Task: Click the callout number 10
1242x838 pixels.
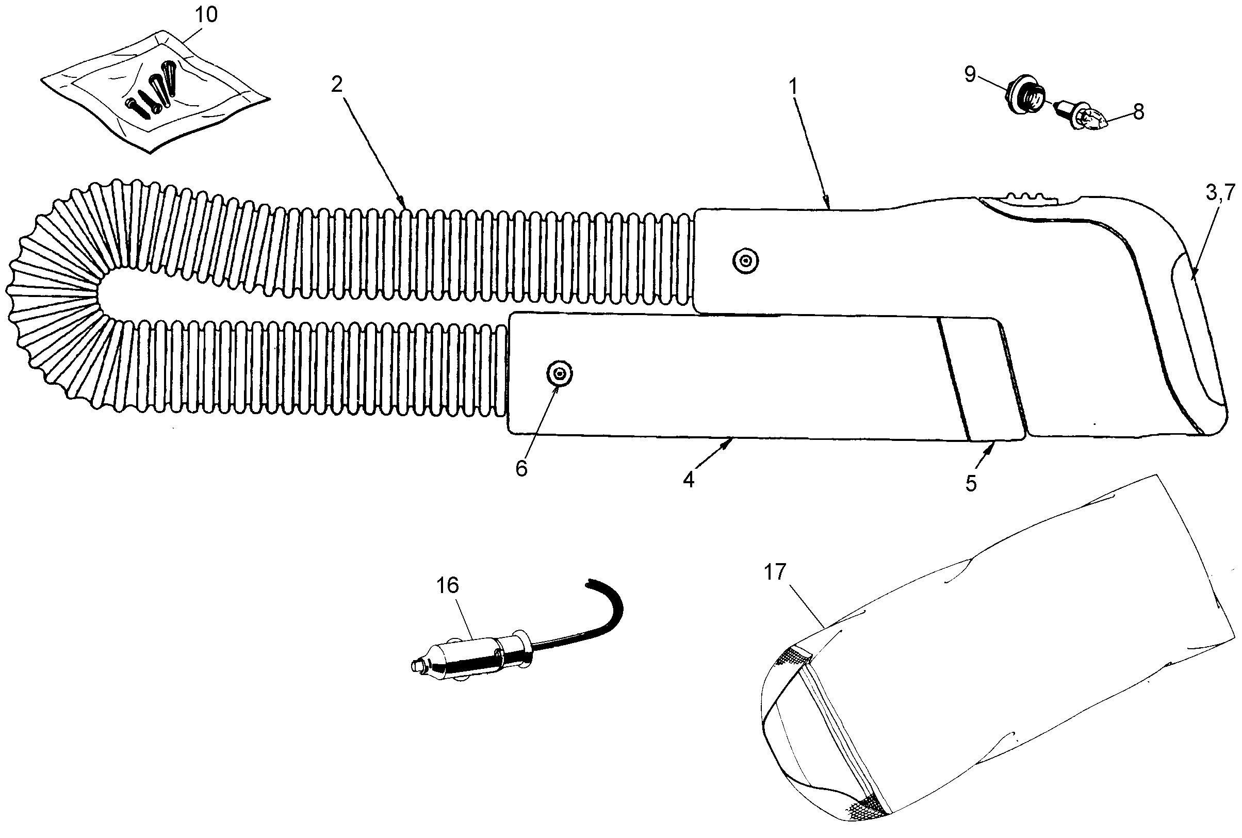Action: tap(206, 15)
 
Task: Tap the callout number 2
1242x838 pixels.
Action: tap(336, 84)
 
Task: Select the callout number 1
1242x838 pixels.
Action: tap(793, 87)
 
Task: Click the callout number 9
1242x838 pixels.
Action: tap(971, 74)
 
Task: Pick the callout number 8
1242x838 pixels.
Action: tap(1139, 112)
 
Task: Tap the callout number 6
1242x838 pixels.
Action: tap(521, 469)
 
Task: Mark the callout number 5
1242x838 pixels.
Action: tap(971, 483)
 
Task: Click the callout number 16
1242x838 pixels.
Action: tap(447, 586)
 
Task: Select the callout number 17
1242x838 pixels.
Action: tap(775, 572)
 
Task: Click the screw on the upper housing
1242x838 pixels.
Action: tap(745, 261)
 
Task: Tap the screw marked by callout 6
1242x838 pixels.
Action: tap(559, 372)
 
